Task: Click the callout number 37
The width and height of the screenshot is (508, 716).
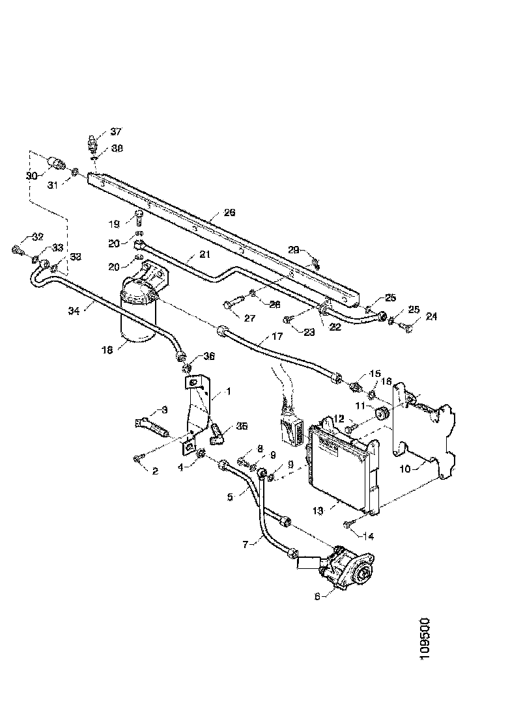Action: [116, 131]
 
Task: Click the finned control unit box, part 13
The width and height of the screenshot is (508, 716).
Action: [342, 462]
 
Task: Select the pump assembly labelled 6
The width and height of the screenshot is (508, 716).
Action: [345, 566]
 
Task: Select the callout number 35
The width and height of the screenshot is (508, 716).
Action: [242, 426]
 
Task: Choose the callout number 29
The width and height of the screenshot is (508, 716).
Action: [294, 250]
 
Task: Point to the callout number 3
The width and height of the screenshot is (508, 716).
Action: [164, 410]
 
